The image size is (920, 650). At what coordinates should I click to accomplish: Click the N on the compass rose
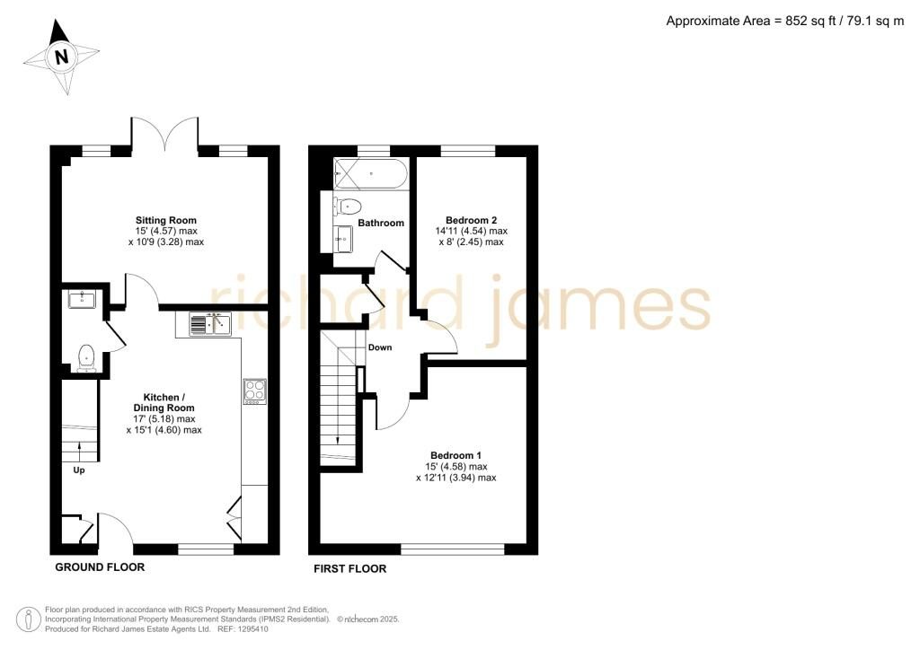point(62,57)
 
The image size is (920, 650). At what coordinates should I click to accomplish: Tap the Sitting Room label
point(166,220)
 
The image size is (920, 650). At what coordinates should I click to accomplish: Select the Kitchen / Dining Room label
point(164,403)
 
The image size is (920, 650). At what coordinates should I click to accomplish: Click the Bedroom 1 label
point(456,455)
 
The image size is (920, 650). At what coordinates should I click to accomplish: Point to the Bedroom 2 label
point(471,220)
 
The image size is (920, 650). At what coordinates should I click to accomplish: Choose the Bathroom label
point(381,223)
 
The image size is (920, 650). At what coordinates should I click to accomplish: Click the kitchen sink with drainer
point(210,324)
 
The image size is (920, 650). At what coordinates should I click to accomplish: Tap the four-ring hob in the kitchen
point(255,391)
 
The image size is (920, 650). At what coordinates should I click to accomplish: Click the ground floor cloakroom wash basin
point(82,299)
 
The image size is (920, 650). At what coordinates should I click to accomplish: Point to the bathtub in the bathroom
point(369,174)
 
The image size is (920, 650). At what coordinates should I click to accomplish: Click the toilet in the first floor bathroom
point(347,206)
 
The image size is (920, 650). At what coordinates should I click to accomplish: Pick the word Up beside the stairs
point(79,470)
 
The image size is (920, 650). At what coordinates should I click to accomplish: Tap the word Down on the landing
point(380,347)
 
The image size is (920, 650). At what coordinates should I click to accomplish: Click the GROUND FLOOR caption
point(100,567)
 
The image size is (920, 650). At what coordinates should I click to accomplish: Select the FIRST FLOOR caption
point(349,569)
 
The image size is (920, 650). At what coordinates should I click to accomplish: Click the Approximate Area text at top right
point(785,22)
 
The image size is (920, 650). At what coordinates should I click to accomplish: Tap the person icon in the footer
point(29,619)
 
